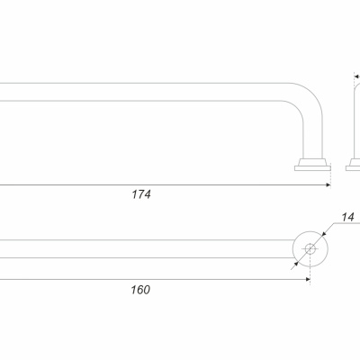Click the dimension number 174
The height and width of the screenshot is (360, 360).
[x=141, y=194]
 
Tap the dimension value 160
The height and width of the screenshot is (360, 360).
[x=140, y=290]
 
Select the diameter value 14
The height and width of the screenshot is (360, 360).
[x=348, y=217]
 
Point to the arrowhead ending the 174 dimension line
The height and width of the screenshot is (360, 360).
[x=328, y=185]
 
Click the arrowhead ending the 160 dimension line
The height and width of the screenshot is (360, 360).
[x=308, y=279]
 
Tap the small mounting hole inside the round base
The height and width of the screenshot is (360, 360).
[x=310, y=248]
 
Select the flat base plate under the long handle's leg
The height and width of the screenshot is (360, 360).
[x=312, y=168]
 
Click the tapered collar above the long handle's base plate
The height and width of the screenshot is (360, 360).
[x=312, y=162]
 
